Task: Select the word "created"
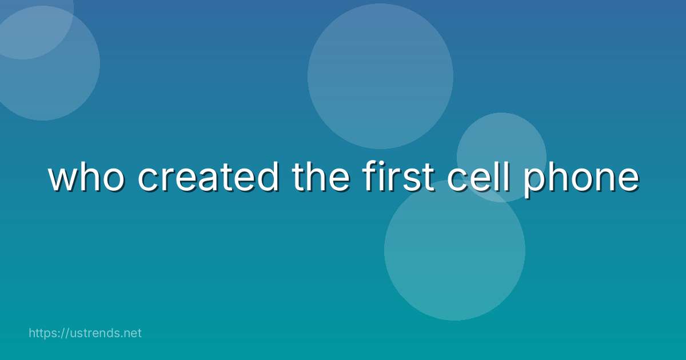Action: pyautogui.click(x=208, y=177)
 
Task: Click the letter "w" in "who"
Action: pyautogui.click(x=63, y=178)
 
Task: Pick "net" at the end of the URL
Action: pyautogui.click(x=132, y=333)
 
